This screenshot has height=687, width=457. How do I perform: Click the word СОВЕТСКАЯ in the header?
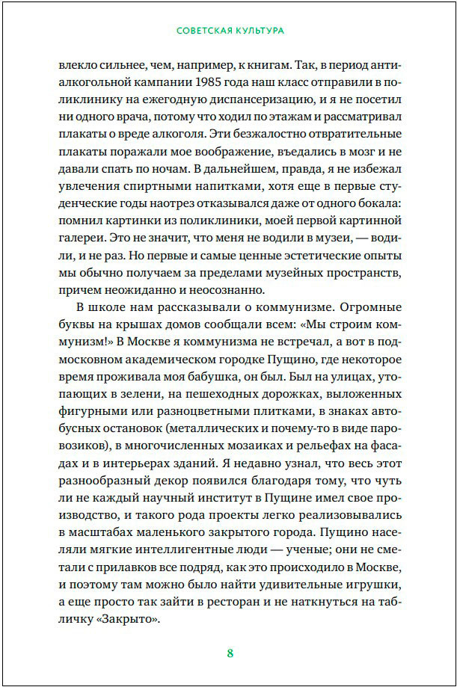[202, 31]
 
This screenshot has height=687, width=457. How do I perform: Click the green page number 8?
[230, 653]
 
